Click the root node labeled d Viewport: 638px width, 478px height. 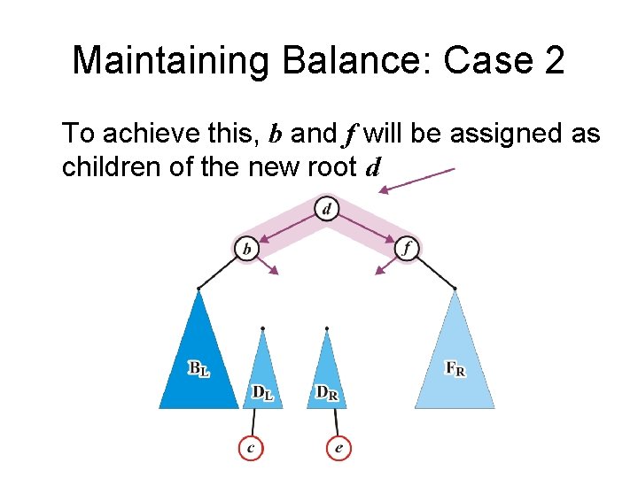pyautogui.click(x=327, y=210)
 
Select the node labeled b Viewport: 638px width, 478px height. pyautogui.click(x=246, y=250)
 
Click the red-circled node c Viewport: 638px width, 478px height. pyautogui.click(x=251, y=449)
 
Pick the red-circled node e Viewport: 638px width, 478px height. pyautogui.click(x=338, y=449)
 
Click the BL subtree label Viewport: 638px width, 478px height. pyautogui.click(x=198, y=368)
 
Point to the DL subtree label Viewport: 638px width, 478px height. pyautogui.click(x=262, y=392)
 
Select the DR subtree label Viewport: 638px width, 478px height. pyautogui.click(x=326, y=392)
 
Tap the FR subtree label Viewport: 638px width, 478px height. pyautogui.click(x=455, y=368)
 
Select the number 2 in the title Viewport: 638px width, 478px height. pyautogui.click(x=551, y=61)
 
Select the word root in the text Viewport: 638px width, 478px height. pyautogui.click(x=331, y=166)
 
